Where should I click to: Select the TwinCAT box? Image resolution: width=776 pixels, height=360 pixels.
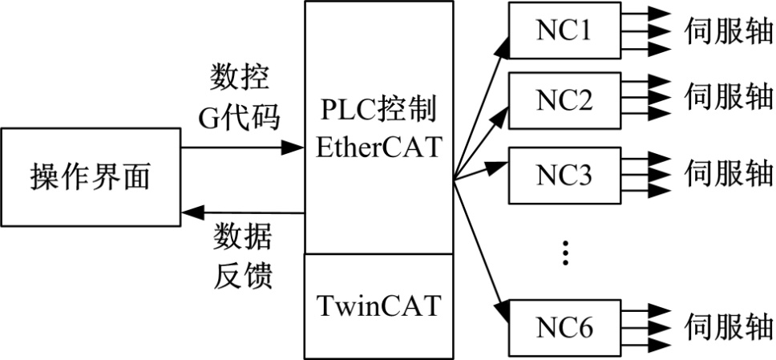(378, 305)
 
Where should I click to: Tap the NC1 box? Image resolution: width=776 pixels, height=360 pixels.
(564, 30)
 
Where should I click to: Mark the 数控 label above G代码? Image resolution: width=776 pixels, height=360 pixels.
(239, 80)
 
